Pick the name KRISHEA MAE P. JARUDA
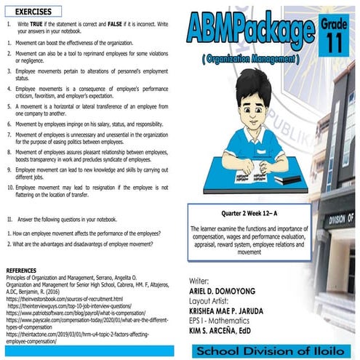coord(233,308)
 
